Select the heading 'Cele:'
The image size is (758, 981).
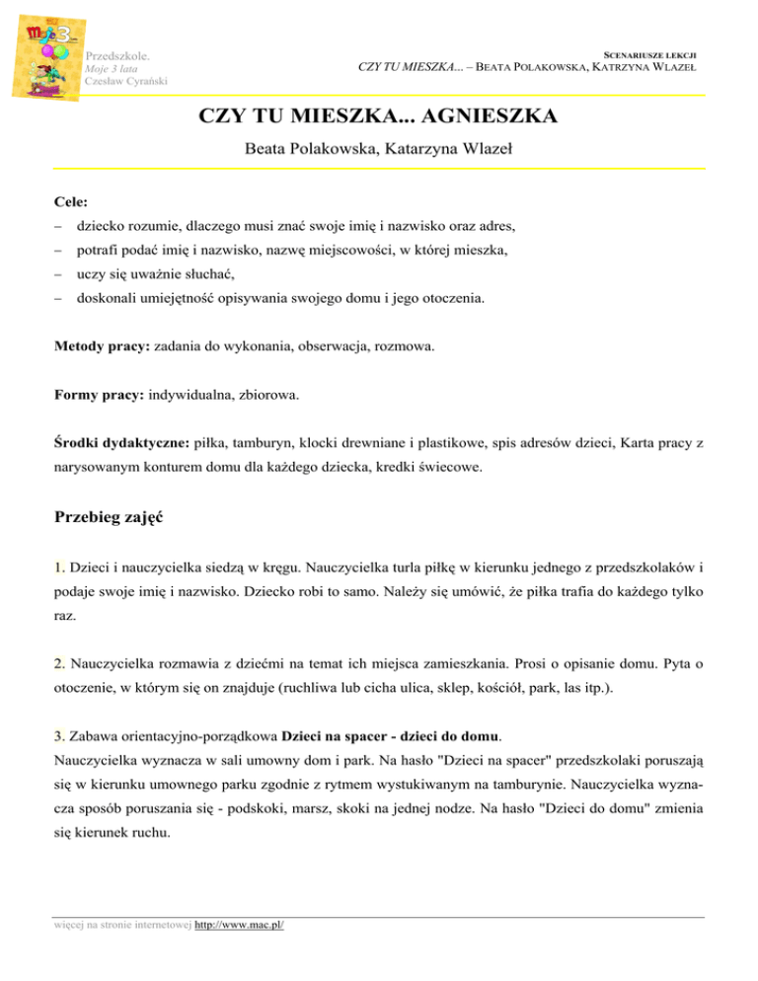click(x=74, y=201)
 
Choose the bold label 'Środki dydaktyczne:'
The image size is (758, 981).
click(x=121, y=443)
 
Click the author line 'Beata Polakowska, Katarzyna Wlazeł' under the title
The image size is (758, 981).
click(x=378, y=152)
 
